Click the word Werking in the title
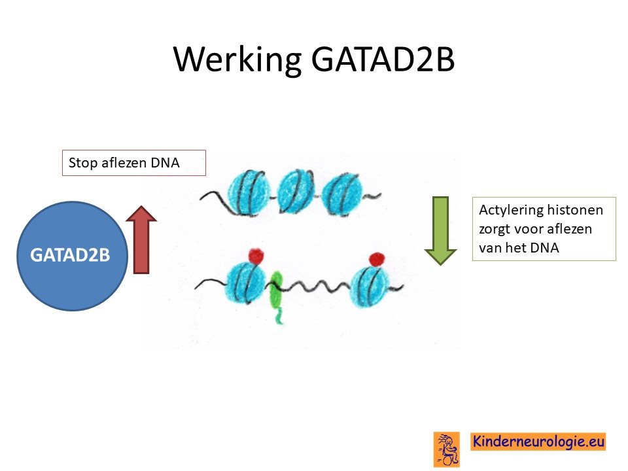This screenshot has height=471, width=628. (238, 60)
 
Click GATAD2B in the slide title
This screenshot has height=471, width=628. (383, 59)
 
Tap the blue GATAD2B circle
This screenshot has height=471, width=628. (72, 256)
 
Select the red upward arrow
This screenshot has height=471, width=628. (141, 239)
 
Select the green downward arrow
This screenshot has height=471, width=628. (440, 231)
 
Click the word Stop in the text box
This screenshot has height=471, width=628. (83, 163)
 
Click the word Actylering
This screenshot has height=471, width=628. (510, 210)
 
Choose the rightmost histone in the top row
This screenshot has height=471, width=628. (342, 194)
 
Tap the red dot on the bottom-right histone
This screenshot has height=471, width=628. (377, 259)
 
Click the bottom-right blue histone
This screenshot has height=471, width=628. (370, 286)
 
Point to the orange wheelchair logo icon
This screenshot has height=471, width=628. (447, 449)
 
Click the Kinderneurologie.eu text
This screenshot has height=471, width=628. (538, 442)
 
